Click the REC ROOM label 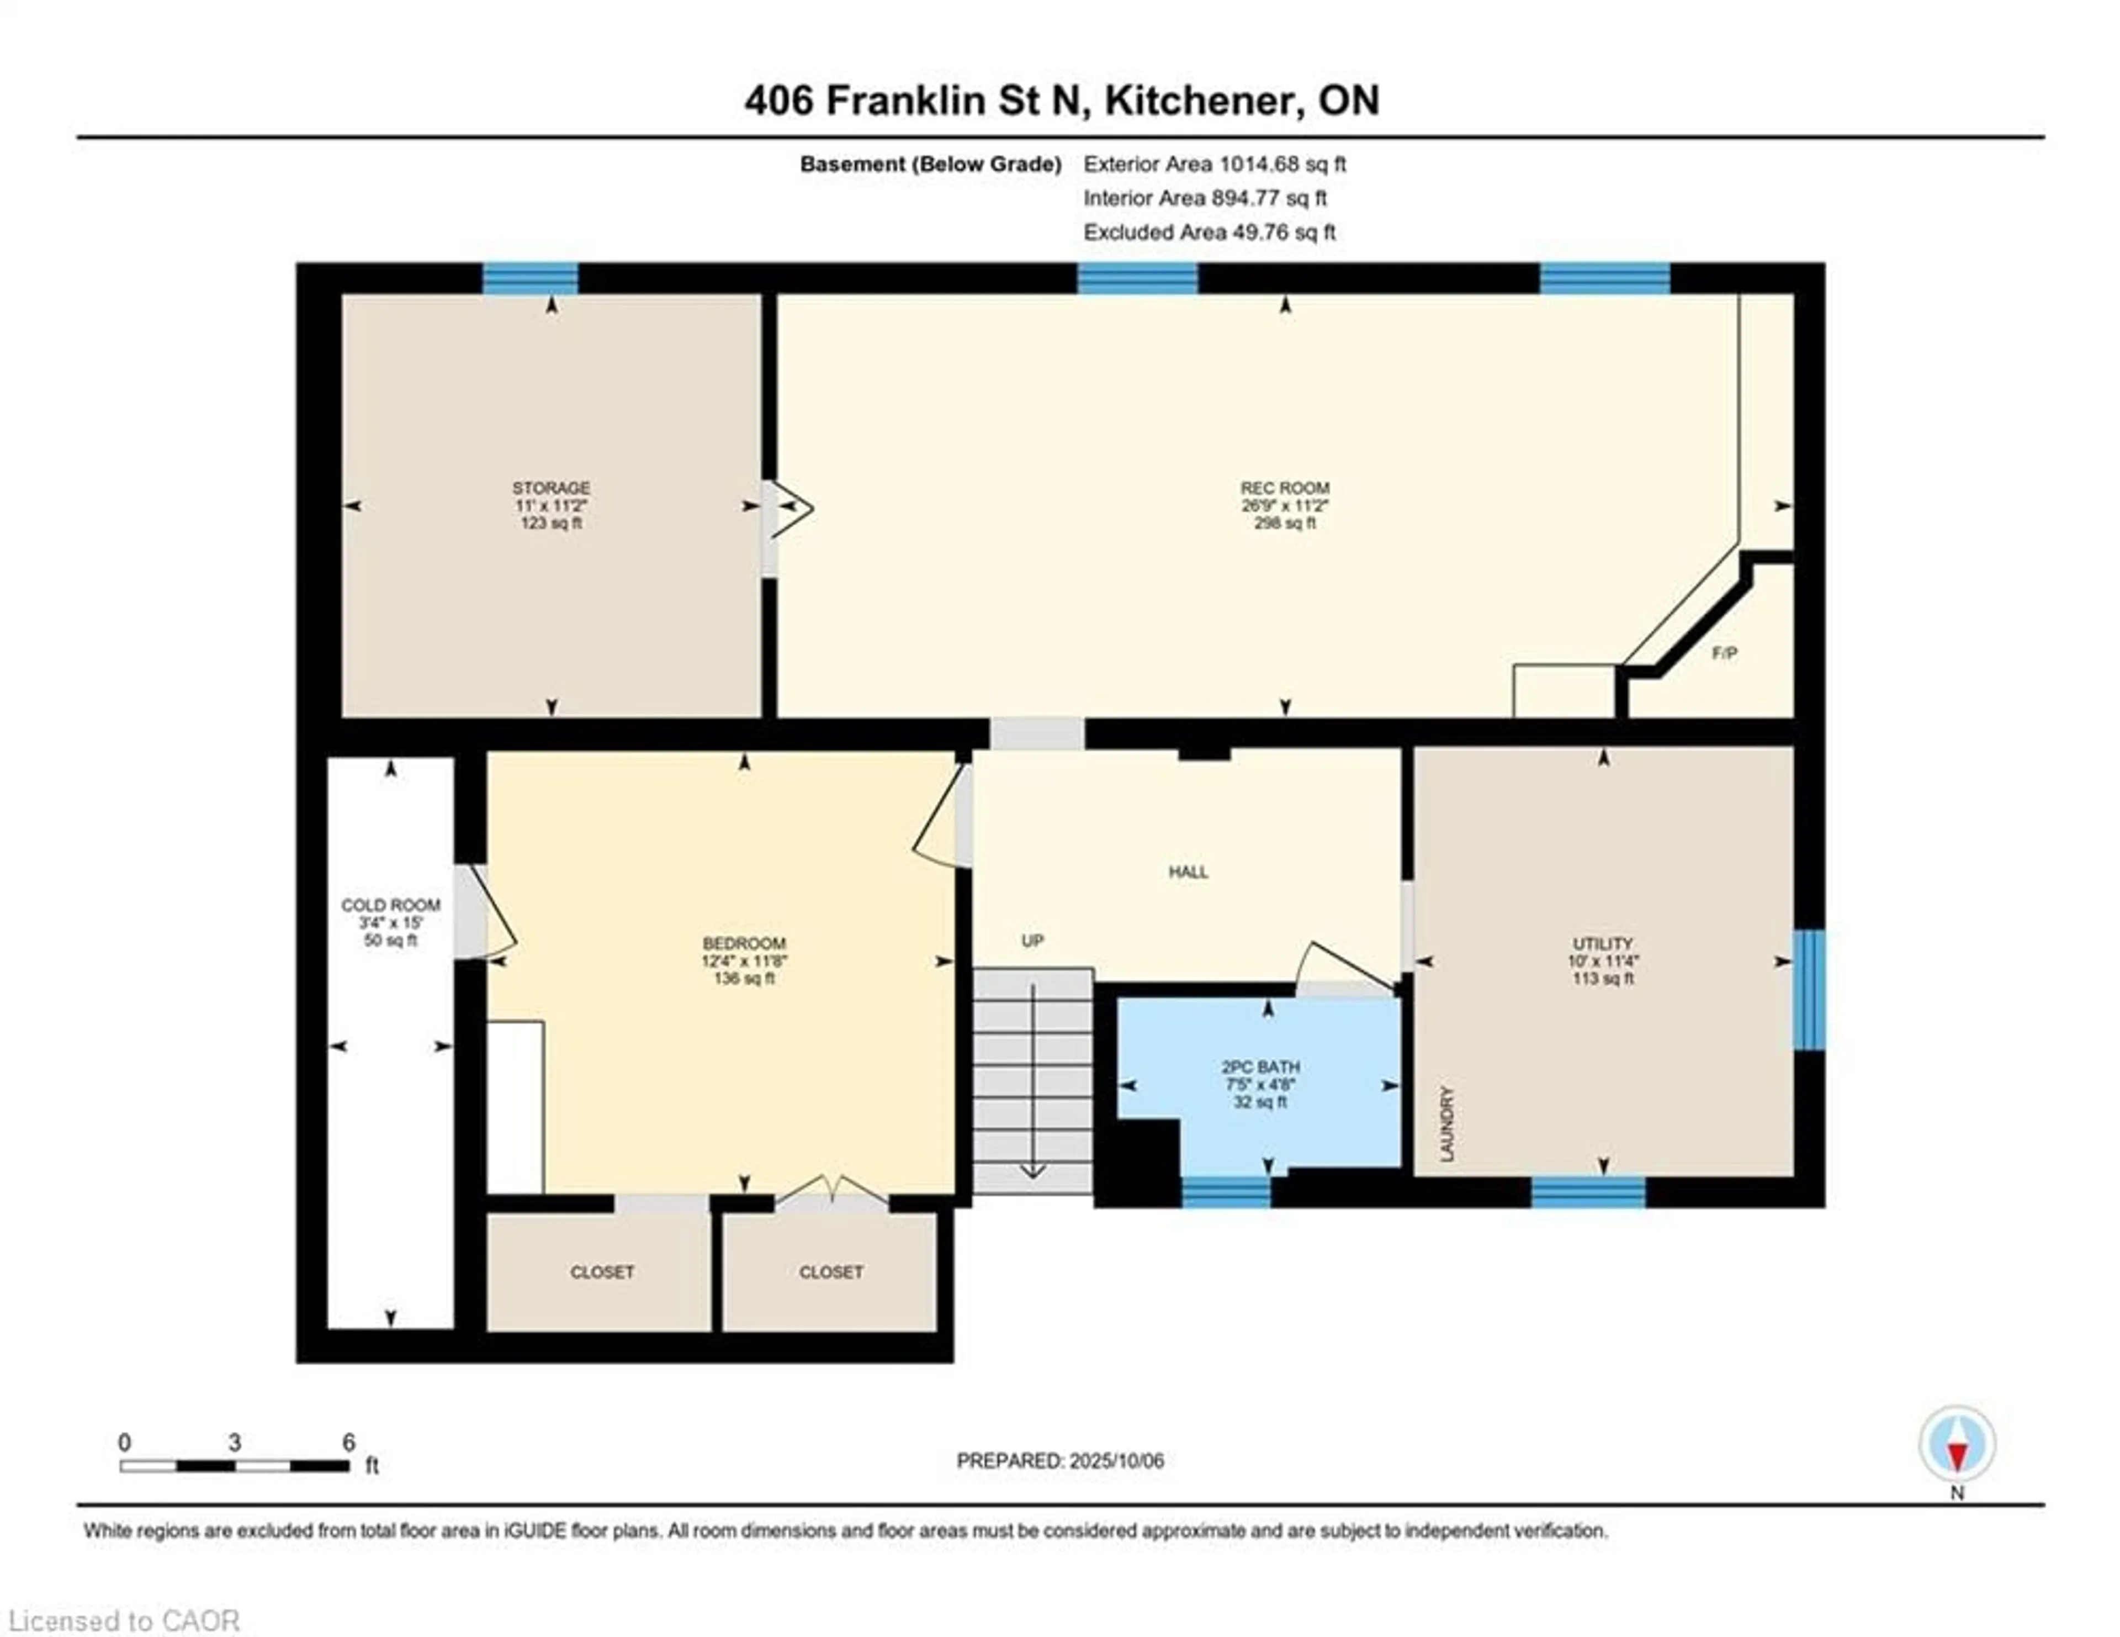tap(1284, 488)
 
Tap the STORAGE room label tap(552, 488)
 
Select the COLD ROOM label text tap(390, 905)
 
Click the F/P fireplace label tap(1724, 653)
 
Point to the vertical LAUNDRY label tap(1448, 1123)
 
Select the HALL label tap(1188, 872)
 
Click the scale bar tap(234, 1465)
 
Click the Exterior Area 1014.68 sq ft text tap(1215, 164)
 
